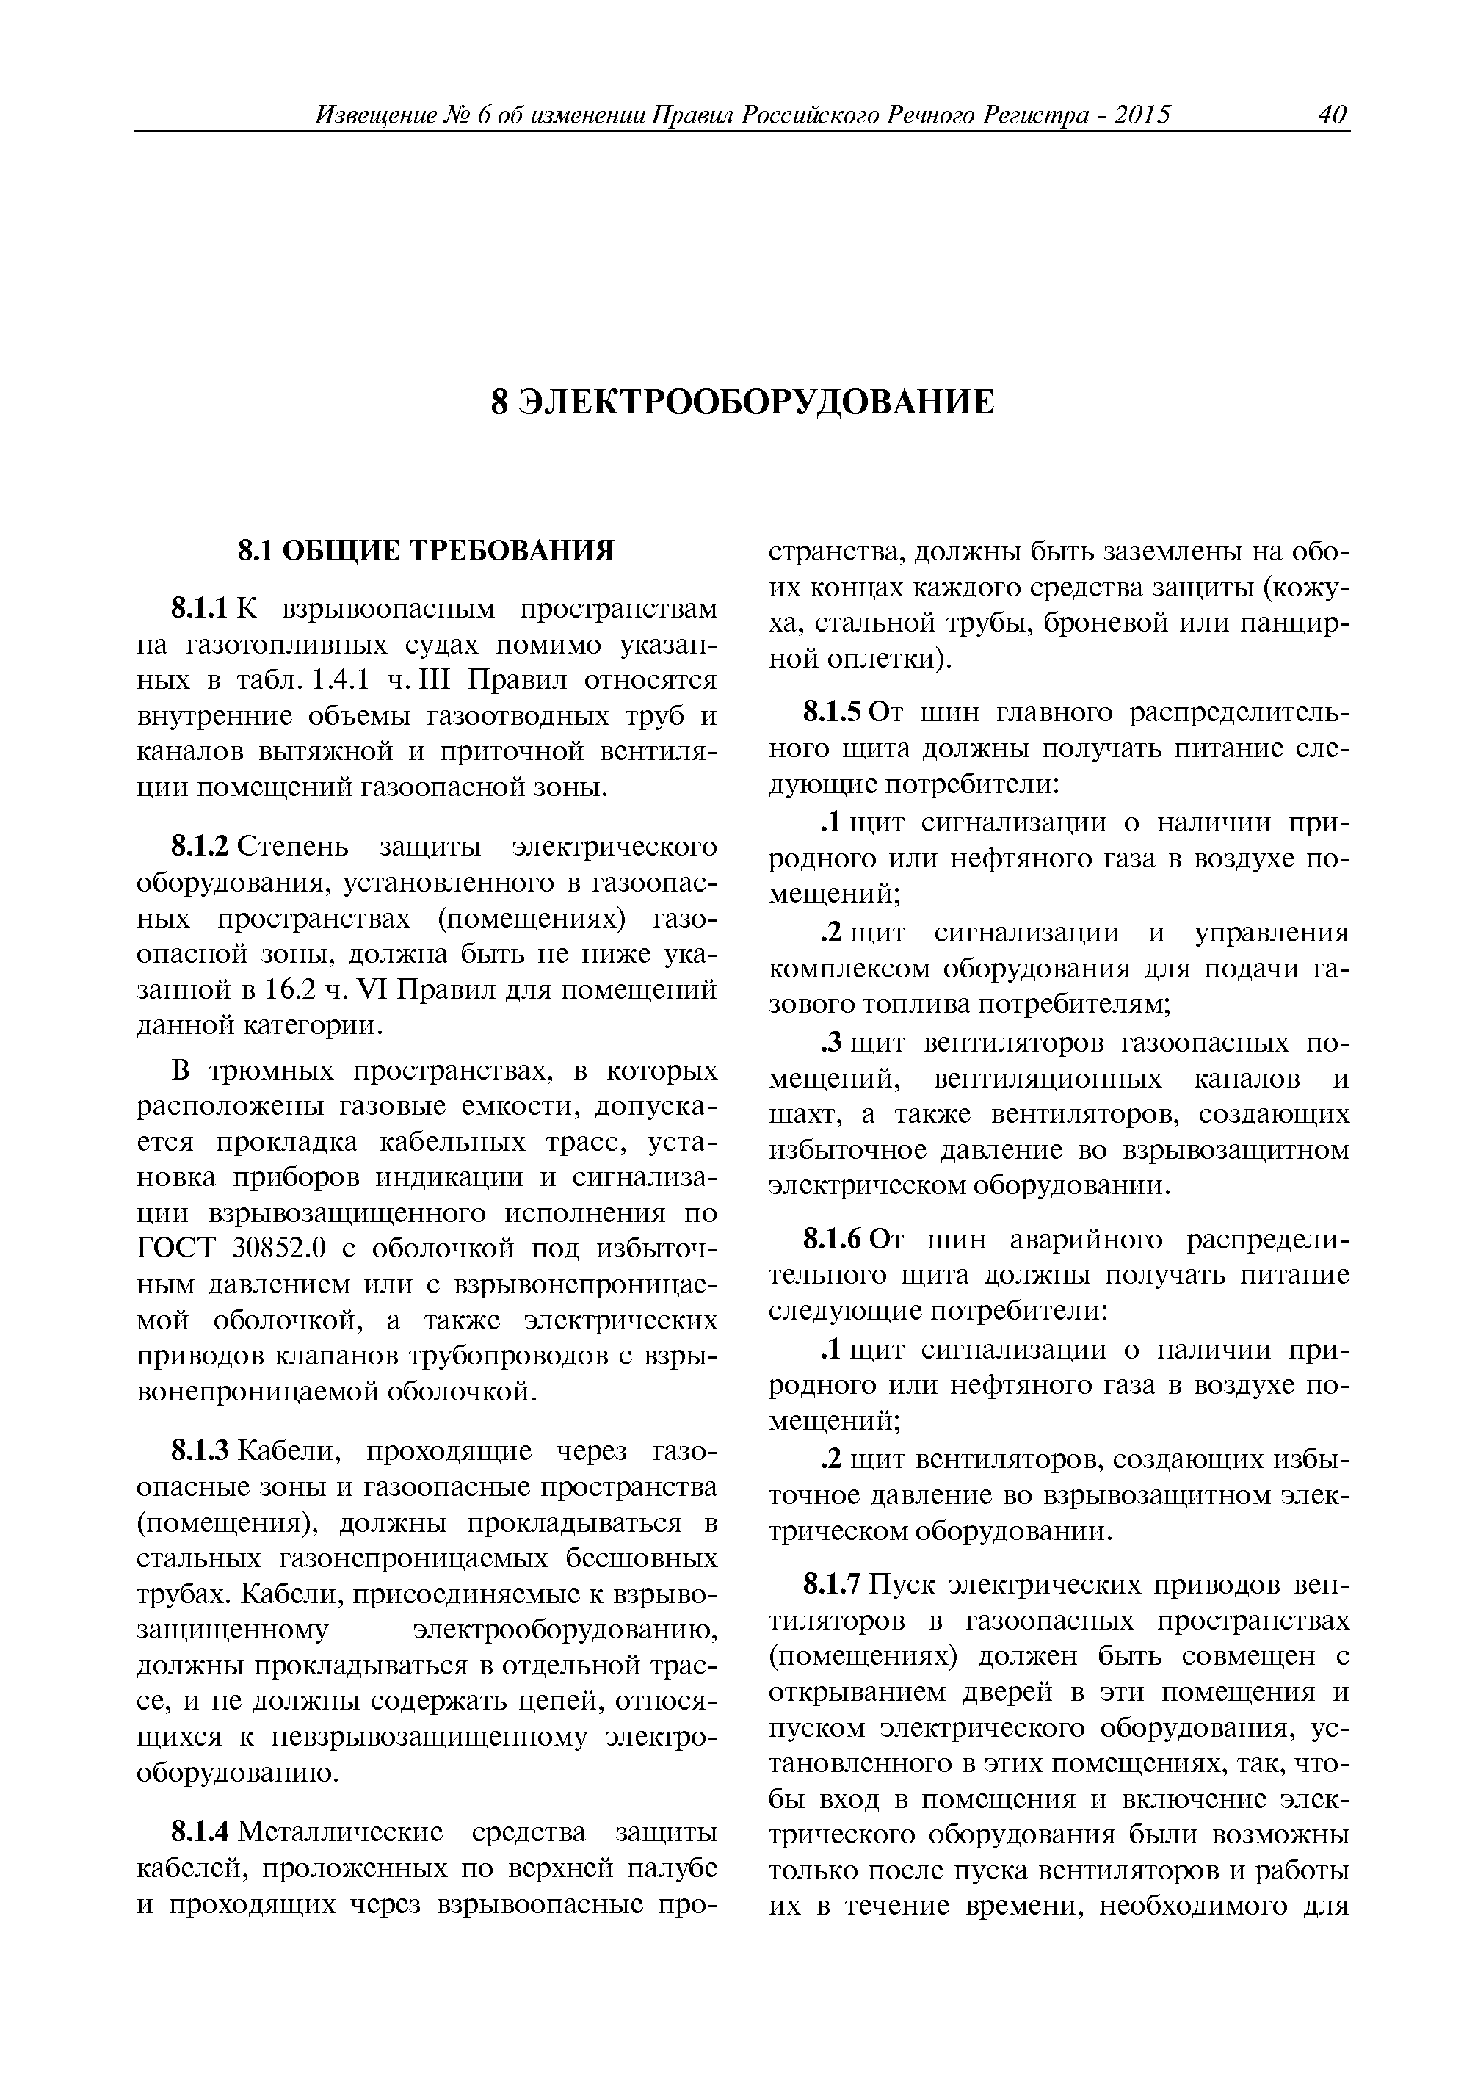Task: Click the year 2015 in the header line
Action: tap(1141, 115)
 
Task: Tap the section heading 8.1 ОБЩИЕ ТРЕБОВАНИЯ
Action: tap(425, 551)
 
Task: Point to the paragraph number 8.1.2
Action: tap(203, 847)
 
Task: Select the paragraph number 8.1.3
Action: tap(203, 1450)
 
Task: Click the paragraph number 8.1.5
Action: tap(833, 713)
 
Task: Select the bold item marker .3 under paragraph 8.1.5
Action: tap(831, 1044)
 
